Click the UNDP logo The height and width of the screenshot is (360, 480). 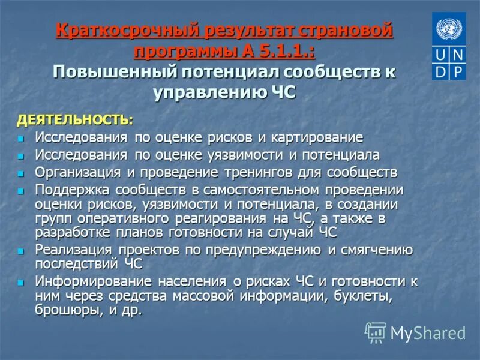(x=448, y=47)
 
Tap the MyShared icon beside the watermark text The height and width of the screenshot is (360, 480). (x=376, y=332)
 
